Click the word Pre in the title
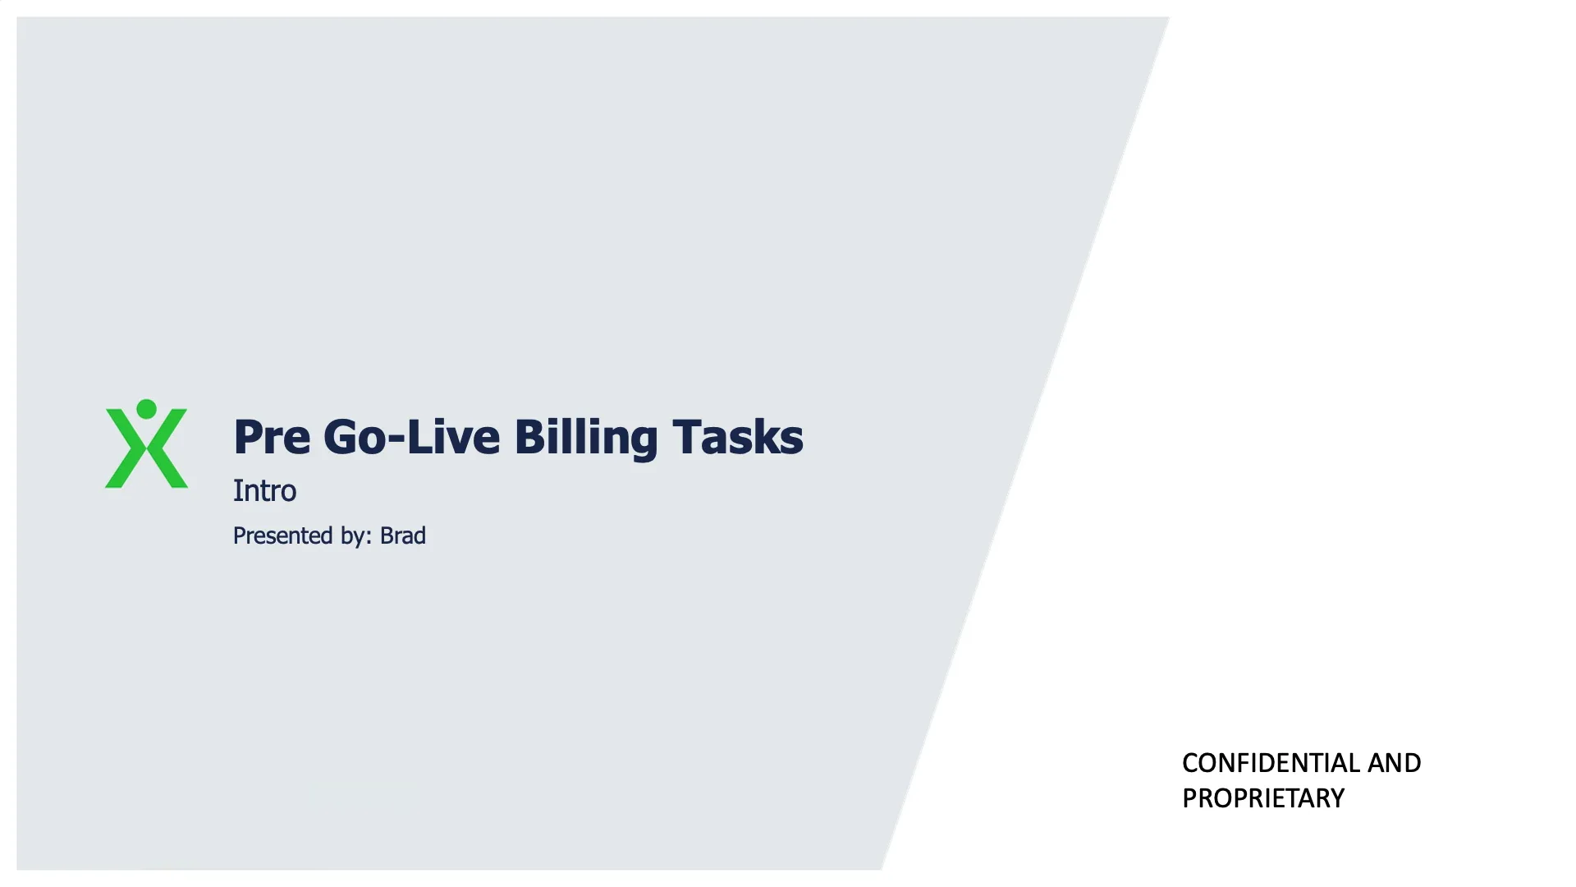tap(272, 436)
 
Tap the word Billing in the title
tap(585, 436)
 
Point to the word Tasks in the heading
tap(737, 436)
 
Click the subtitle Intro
tap(264, 490)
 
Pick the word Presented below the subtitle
tap(282, 535)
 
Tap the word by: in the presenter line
tap(356, 535)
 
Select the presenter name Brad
tap(402, 535)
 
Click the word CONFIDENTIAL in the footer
tap(1271, 763)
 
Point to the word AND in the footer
tap(1395, 763)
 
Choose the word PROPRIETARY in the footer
tap(1262, 798)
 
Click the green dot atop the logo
tap(146, 409)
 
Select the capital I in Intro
tap(237, 490)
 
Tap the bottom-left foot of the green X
tap(115, 481)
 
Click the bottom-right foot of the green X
tap(177, 481)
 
